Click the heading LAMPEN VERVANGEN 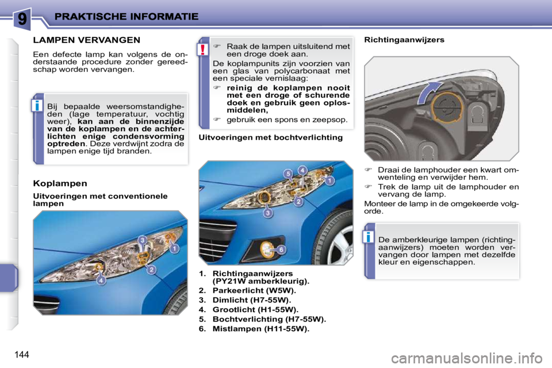pyautogui.click(x=86, y=40)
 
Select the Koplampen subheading pyautogui.click(x=60, y=183)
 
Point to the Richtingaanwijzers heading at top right pyautogui.click(x=404, y=40)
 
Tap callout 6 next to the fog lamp pyautogui.click(x=281, y=250)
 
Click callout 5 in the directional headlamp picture pyautogui.click(x=287, y=174)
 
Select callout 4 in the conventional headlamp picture pyautogui.click(x=101, y=281)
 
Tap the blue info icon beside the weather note pyautogui.click(x=37, y=105)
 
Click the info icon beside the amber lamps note pyautogui.click(x=369, y=236)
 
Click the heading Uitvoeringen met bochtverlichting pyautogui.click(x=270, y=138)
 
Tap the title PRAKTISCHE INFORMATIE pyautogui.click(x=126, y=17)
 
